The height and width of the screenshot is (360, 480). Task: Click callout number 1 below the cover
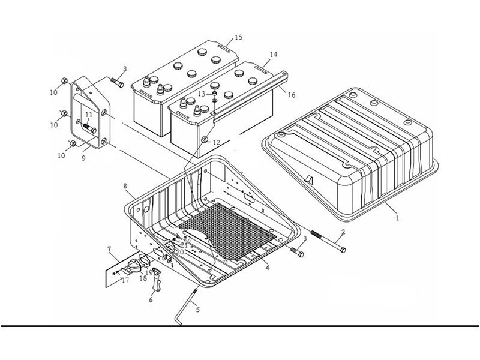coord(397,219)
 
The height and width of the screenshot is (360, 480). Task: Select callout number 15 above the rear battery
coord(238,38)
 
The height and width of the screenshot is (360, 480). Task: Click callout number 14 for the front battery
coord(273,55)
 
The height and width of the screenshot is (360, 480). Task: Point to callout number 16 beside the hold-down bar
coord(292,95)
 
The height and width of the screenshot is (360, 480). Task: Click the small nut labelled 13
coord(212,94)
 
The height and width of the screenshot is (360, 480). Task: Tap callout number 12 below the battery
coord(216,142)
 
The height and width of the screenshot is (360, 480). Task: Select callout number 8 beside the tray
coord(125,187)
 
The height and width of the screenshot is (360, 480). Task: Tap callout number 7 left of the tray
coord(109,248)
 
